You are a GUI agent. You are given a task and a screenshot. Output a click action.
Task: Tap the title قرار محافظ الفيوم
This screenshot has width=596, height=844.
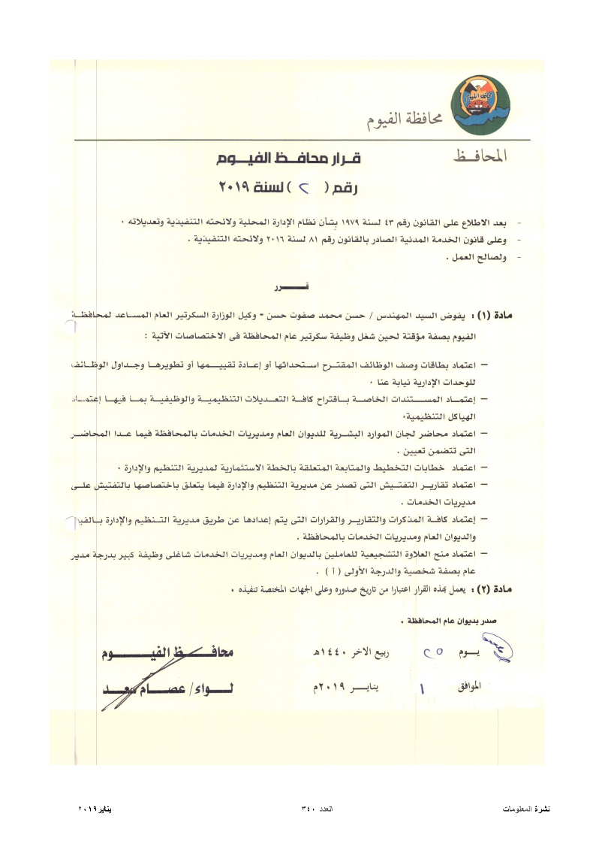tap(283, 159)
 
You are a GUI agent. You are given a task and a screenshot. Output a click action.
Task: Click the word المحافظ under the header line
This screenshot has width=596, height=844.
tap(480, 156)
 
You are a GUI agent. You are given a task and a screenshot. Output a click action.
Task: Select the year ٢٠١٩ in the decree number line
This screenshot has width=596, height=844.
tap(234, 187)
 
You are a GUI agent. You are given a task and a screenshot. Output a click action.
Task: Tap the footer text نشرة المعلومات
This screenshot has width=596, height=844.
tap(526, 809)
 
